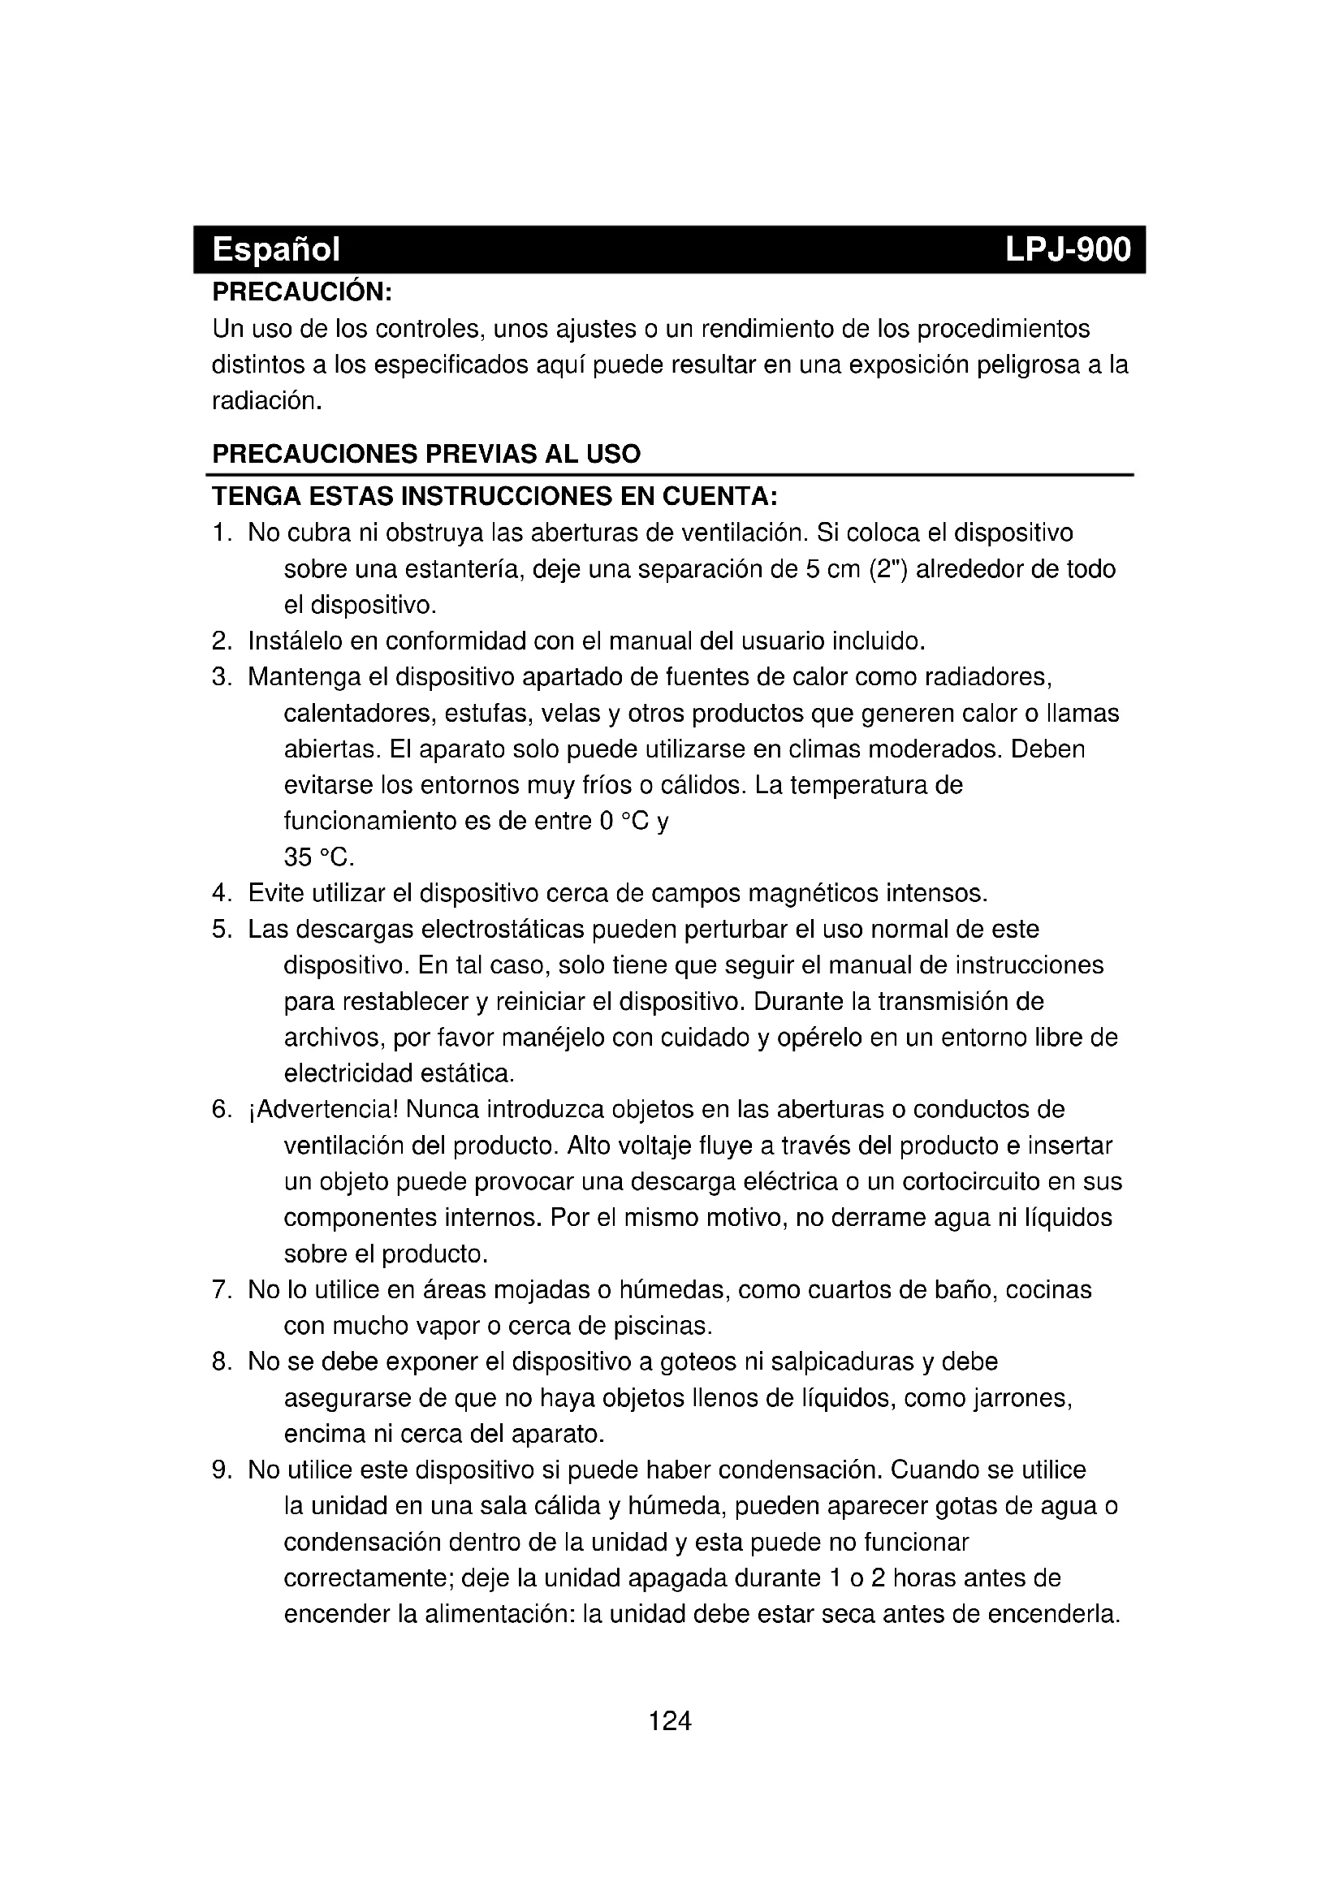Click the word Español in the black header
pos(275,249)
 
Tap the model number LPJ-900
pos(1068,249)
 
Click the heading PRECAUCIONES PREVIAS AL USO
pos(426,453)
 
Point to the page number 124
pos(670,1721)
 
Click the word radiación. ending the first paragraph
pos(266,401)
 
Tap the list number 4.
pos(220,893)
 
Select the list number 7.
pos(220,1289)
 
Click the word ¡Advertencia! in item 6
pos(323,1109)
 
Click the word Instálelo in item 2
pos(296,641)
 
